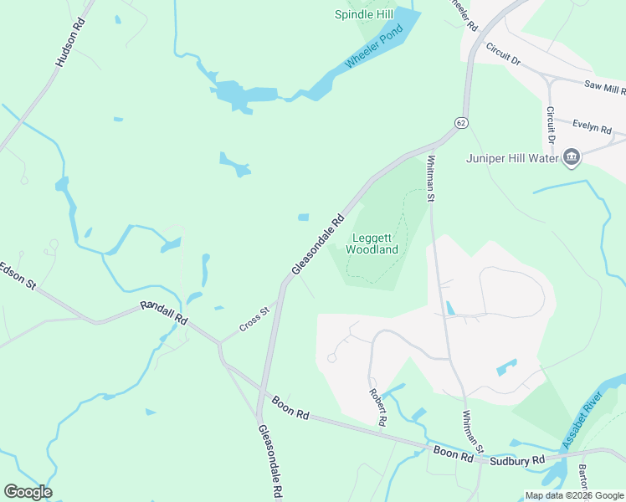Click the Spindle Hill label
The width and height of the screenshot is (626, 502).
coord(364,14)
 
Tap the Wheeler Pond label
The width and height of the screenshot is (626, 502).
coord(373,49)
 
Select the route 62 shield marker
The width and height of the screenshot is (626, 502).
coord(460,123)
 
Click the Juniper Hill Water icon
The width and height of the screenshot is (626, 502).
coord(572,158)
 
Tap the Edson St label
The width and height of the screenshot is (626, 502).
coord(18,277)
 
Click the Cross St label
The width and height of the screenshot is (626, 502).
coord(254,319)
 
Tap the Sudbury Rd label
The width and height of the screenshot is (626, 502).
coord(516,459)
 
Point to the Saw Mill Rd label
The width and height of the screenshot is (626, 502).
coord(605,88)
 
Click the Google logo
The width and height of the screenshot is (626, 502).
coord(28,492)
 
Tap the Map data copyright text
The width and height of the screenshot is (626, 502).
coord(573,495)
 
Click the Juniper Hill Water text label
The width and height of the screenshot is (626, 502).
coord(513,158)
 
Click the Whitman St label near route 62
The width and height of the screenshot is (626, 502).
coord(432,178)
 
